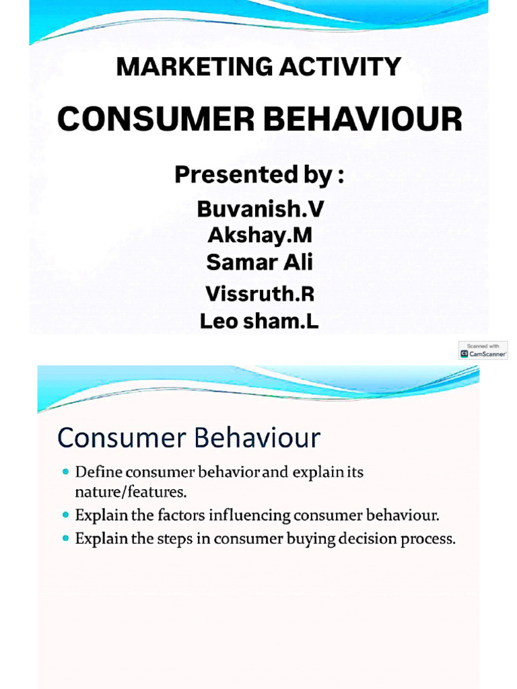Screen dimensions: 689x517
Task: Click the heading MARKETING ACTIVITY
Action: (x=259, y=67)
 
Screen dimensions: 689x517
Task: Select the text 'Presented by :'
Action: (x=259, y=175)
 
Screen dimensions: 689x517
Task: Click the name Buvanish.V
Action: (x=260, y=209)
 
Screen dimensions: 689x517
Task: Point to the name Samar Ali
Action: (x=260, y=262)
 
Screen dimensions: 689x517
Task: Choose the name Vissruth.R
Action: (x=260, y=294)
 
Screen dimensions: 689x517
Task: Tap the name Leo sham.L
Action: (x=260, y=322)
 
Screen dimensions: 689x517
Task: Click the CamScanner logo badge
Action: (x=483, y=351)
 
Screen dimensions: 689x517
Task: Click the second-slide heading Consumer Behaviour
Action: (x=188, y=439)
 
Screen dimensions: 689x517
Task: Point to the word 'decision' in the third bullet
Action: (x=358, y=539)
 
